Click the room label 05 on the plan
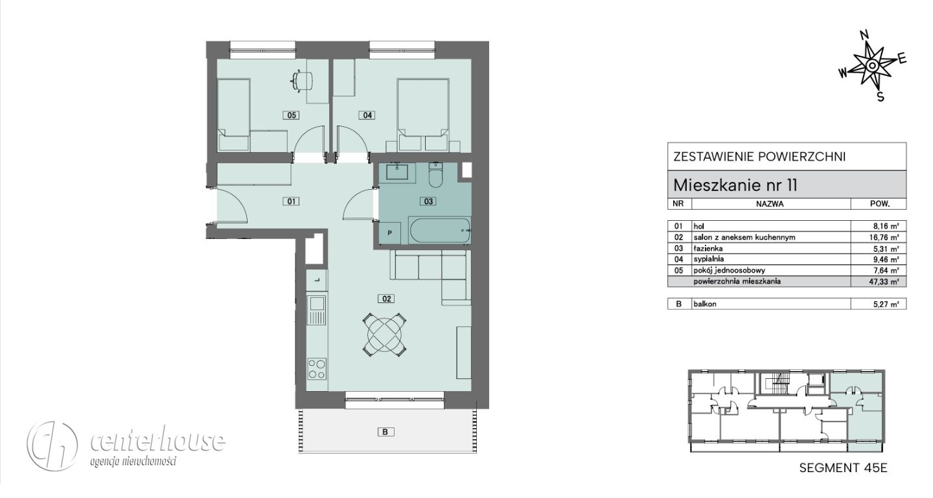[292, 115]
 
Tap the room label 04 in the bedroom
[367, 115]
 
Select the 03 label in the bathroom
[428, 201]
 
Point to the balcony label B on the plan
[386, 432]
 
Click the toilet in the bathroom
[436, 175]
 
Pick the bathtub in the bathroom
[440, 231]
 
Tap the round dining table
[384, 334]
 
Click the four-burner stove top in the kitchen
[317, 369]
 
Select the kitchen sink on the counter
[317, 310]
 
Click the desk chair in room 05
[302, 80]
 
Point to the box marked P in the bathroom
[390, 232]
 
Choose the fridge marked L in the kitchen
[317, 280]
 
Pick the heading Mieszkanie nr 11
[735, 185]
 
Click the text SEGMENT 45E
[844, 468]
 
